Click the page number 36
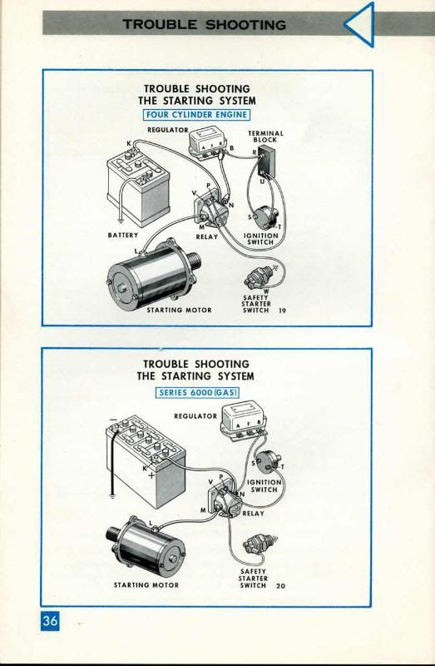pyautogui.click(x=50, y=620)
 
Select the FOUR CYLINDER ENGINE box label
pyautogui.click(x=196, y=115)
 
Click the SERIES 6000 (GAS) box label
pyautogui.click(x=197, y=392)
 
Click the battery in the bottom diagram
pyautogui.click(x=146, y=461)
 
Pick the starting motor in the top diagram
pyautogui.click(x=153, y=274)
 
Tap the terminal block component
pyautogui.click(x=267, y=161)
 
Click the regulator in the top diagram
pyautogui.click(x=206, y=143)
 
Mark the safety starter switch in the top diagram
pyautogui.click(x=260, y=277)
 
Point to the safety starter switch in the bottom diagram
pyautogui.click(x=260, y=545)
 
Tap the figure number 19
pyautogui.click(x=283, y=311)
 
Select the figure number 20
pyautogui.click(x=281, y=586)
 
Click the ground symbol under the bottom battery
pyautogui.click(x=111, y=495)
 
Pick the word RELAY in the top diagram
pyautogui.click(x=206, y=236)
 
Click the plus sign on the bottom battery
pyautogui.click(x=151, y=475)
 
